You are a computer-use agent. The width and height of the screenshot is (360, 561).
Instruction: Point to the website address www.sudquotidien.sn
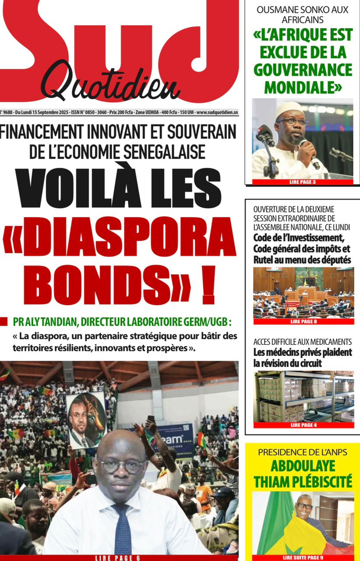pyautogui.click(x=217, y=113)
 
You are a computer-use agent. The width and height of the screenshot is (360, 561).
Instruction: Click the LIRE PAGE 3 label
pyautogui.click(x=302, y=181)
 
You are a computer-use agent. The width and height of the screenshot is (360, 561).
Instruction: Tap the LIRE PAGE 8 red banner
pyautogui.click(x=303, y=321)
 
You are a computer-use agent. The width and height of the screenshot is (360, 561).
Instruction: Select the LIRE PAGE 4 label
pyautogui.click(x=303, y=425)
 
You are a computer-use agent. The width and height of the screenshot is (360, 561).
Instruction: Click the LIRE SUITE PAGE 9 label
pyautogui.click(x=303, y=557)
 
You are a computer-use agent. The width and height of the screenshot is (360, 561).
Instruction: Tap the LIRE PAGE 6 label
pyautogui.click(x=118, y=557)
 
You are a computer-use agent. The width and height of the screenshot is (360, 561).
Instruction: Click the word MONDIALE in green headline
pyautogui.click(x=303, y=87)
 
